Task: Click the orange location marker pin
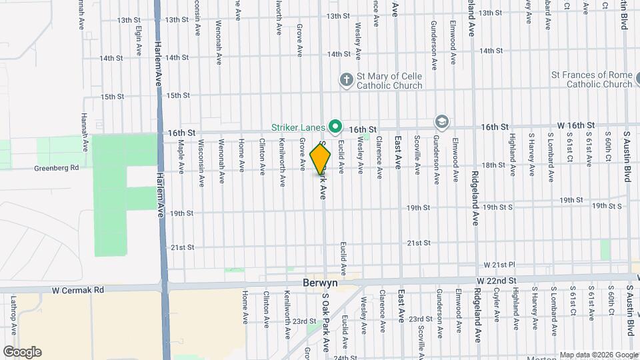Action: pos(321,159)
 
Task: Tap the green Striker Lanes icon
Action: pos(335,126)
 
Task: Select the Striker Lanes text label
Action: pos(298,127)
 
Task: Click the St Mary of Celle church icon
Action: pos(346,80)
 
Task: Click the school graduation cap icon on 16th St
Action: pos(441,121)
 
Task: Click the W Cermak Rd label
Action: pos(81,290)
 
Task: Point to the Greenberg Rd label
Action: pos(57,168)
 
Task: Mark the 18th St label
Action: pos(493,165)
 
